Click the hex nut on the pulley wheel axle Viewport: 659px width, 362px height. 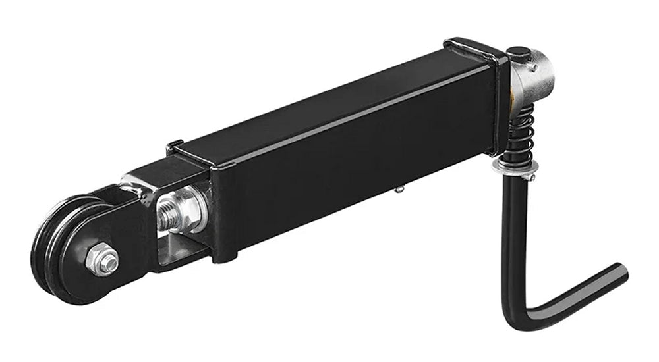pyautogui.click(x=102, y=259)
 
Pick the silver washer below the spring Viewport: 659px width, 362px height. pyautogui.click(x=514, y=168)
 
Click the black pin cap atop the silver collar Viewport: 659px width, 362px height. pyautogui.click(x=518, y=54)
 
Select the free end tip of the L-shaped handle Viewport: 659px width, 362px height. pyautogui.click(x=619, y=272)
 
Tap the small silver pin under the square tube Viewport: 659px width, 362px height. pyautogui.click(x=399, y=190)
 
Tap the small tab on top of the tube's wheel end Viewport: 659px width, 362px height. pyautogui.click(x=174, y=144)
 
